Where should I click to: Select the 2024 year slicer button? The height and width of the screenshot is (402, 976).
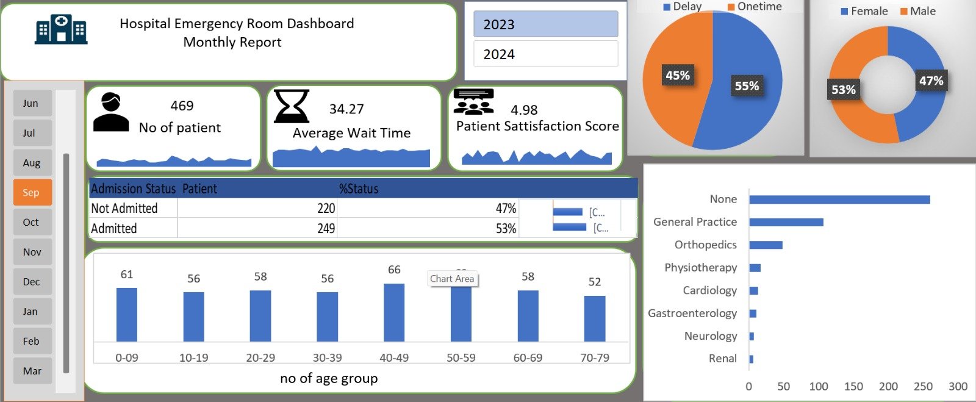coord(545,54)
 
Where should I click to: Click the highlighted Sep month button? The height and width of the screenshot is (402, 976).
coord(32,192)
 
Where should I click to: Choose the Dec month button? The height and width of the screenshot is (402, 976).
coord(32,282)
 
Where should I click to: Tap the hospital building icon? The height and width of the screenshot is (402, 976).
coord(61,29)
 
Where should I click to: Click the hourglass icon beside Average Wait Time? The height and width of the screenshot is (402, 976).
coord(291,107)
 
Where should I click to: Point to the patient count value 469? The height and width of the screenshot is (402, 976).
coord(182,106)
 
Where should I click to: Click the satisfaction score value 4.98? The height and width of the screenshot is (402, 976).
coord(524,110)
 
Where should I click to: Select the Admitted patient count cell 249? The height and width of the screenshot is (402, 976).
coord(326,229)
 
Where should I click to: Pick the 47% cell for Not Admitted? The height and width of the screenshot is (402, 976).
coord(506,209)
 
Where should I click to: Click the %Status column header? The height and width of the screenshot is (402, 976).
coord(359,189)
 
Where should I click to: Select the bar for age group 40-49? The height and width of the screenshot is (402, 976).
coord(394,312)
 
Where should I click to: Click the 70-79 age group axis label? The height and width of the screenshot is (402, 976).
coord(595,357)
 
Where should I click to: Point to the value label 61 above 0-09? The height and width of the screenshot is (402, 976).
coord(127,275)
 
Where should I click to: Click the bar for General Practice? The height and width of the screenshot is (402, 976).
coord(786,222)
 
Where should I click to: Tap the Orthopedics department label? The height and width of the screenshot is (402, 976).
coord(705,245)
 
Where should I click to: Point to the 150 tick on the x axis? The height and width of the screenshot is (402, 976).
coord(853,386)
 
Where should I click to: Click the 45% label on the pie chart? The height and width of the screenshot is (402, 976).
coord(678,76)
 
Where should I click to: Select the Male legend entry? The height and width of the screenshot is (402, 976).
coord(918,11)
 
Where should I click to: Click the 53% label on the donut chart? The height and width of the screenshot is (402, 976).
coord(844,90)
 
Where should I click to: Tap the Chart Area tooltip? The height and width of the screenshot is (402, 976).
coord(452,279)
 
